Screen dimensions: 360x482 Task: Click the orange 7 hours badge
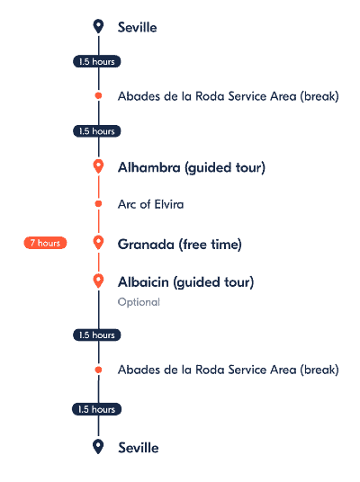coord(45,243)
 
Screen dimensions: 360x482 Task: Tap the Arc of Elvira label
coord(151,204)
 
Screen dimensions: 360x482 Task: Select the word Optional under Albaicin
coord(139,302)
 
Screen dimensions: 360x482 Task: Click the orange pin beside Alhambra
coord(98,167)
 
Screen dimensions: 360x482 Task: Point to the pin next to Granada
coord(98,243)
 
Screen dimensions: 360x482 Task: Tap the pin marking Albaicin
coord(98,281)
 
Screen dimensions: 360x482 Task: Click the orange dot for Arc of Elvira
coord(98,203)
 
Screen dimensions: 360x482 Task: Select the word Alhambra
coord(148,167)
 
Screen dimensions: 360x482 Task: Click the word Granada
coord(146,245)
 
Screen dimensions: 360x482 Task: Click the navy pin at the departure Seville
coord(98,26)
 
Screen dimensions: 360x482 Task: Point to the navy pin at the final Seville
coord(98,447)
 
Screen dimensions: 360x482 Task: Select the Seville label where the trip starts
coord(137,27)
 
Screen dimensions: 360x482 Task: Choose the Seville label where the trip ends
coord(139,448)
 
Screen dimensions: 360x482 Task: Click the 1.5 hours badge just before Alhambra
coord(97,131)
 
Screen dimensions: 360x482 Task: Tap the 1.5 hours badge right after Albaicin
coord(97,335)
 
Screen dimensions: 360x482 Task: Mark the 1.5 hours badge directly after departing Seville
coord(97,61)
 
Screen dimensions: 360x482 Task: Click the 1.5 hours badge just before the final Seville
coord(96,409)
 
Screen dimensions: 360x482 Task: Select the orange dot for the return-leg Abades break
coord(98,370)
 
